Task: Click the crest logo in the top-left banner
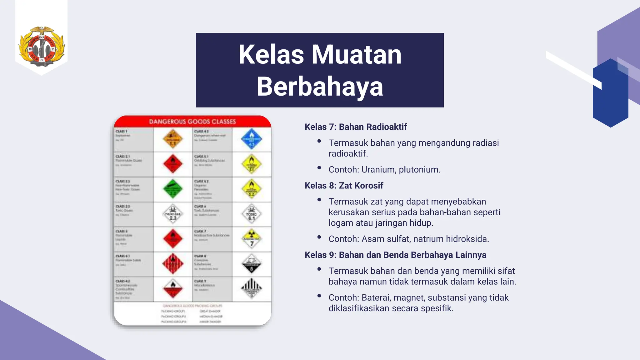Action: pos(42,46)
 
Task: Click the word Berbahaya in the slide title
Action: pos(320,87)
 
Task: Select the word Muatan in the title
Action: pos(356,54)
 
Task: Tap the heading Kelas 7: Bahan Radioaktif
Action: pos(356,127)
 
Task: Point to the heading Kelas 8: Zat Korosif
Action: pos(344,186)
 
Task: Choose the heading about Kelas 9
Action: pos(395,255)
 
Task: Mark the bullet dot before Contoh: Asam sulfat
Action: pos(319,237)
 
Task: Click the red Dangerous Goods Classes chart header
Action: pos(192,122)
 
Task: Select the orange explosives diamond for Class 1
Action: pos(173,139)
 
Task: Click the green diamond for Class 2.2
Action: pos(173,189)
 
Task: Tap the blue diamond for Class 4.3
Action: pos(252,139)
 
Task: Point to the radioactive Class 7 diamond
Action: pos(252,239)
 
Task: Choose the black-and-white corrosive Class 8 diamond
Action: pos(252,264)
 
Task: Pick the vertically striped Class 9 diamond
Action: pos(252,288)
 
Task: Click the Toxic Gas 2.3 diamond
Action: pos(173,214)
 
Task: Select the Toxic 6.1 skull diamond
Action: pos(252,214)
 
